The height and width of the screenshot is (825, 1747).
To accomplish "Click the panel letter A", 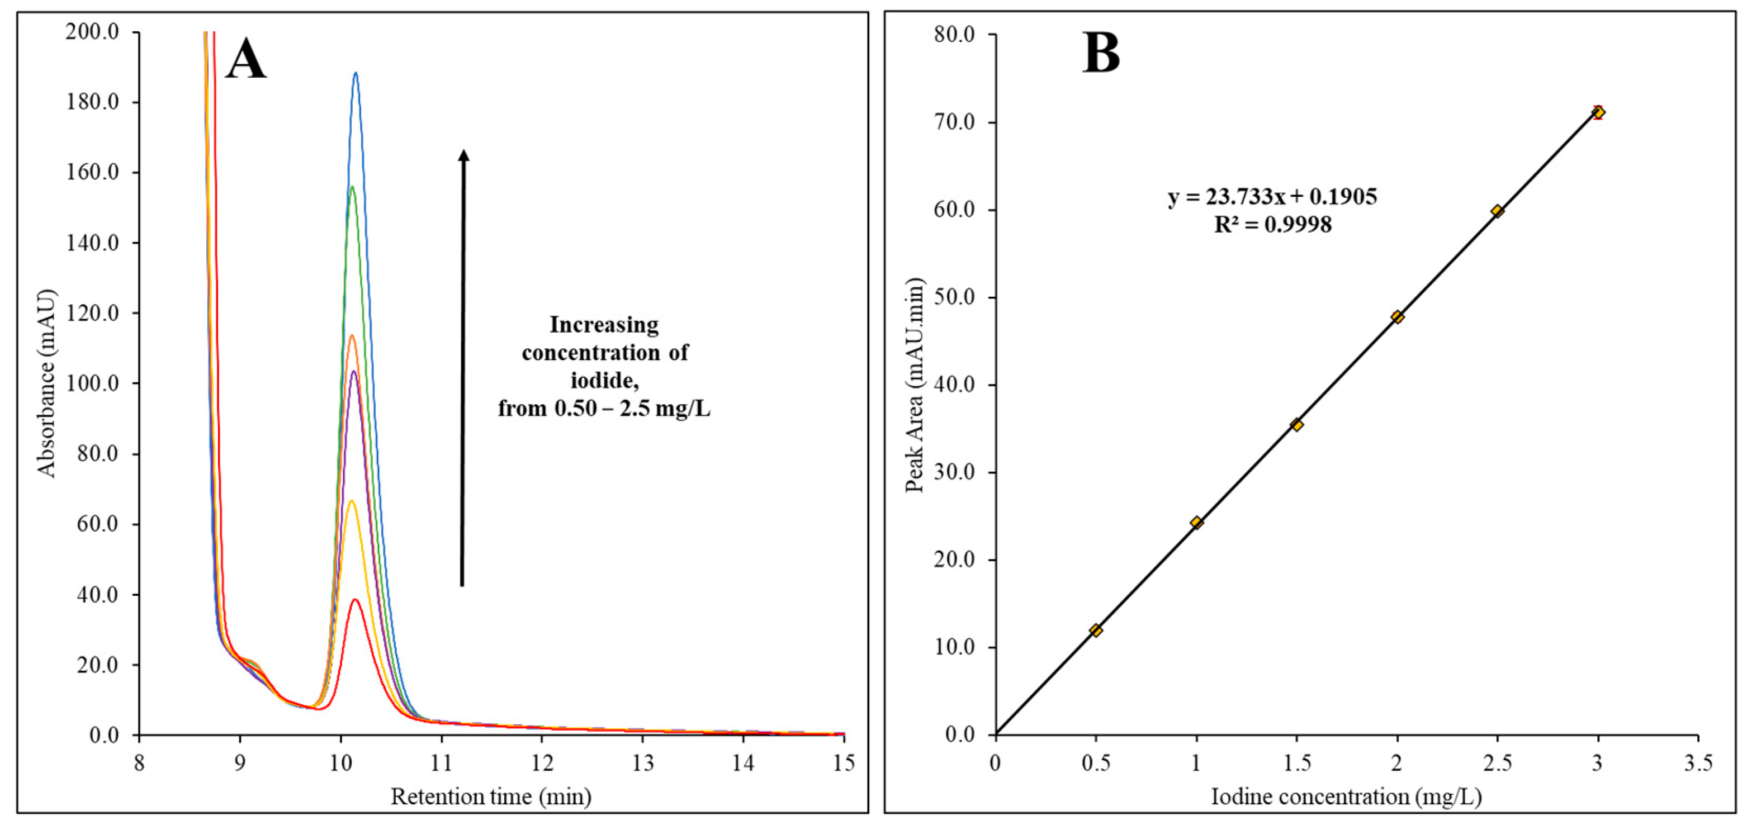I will [x=245, y=60].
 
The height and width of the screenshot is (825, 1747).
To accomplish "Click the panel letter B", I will [x=1100, y=54].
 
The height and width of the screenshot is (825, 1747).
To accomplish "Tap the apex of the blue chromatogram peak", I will [x=356, y=73].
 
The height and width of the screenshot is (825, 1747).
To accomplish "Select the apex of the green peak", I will [x=352, y=187].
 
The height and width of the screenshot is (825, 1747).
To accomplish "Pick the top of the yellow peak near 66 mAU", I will [x=351, y=501].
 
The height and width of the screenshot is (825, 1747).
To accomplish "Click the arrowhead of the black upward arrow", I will [x=464, y=155].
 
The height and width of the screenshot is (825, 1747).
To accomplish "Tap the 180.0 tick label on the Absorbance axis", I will [x=92, y=102].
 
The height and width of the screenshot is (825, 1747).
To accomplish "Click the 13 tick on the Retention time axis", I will [x=642, y=764].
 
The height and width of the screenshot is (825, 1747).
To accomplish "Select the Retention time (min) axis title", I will [x=491, y=796].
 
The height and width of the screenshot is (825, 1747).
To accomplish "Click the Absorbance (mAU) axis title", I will [x=46, y=383].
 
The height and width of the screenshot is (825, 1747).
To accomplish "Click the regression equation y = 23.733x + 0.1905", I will [x=1272, y=197].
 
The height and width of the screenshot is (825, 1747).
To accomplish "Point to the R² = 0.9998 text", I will [x=1272, y=224].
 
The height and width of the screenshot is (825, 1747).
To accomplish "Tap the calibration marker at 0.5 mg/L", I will [x=1095, y=630].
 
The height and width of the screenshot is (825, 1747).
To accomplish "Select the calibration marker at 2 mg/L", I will [x=1397, y=316].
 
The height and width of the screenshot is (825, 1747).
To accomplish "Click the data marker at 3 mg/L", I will [x=1598, y=112].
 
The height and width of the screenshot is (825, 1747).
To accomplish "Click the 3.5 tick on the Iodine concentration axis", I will [x=1697, y=764].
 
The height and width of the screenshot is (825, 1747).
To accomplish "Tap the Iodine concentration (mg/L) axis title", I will [x=1346, y=796].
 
